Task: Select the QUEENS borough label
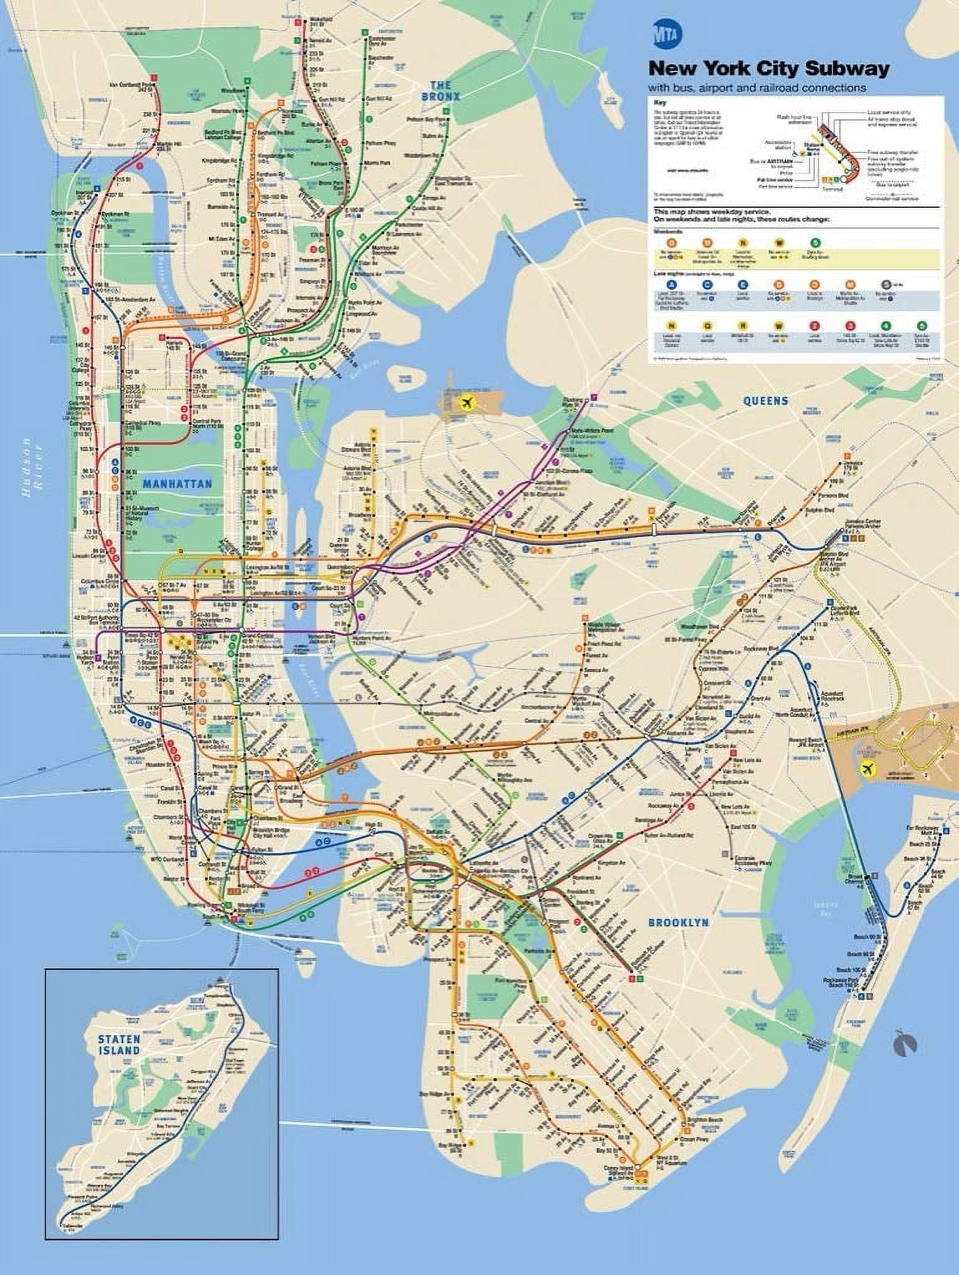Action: pos(765,401)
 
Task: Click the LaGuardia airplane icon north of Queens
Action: pos(466,403)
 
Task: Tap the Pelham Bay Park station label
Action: pos(436,118)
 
